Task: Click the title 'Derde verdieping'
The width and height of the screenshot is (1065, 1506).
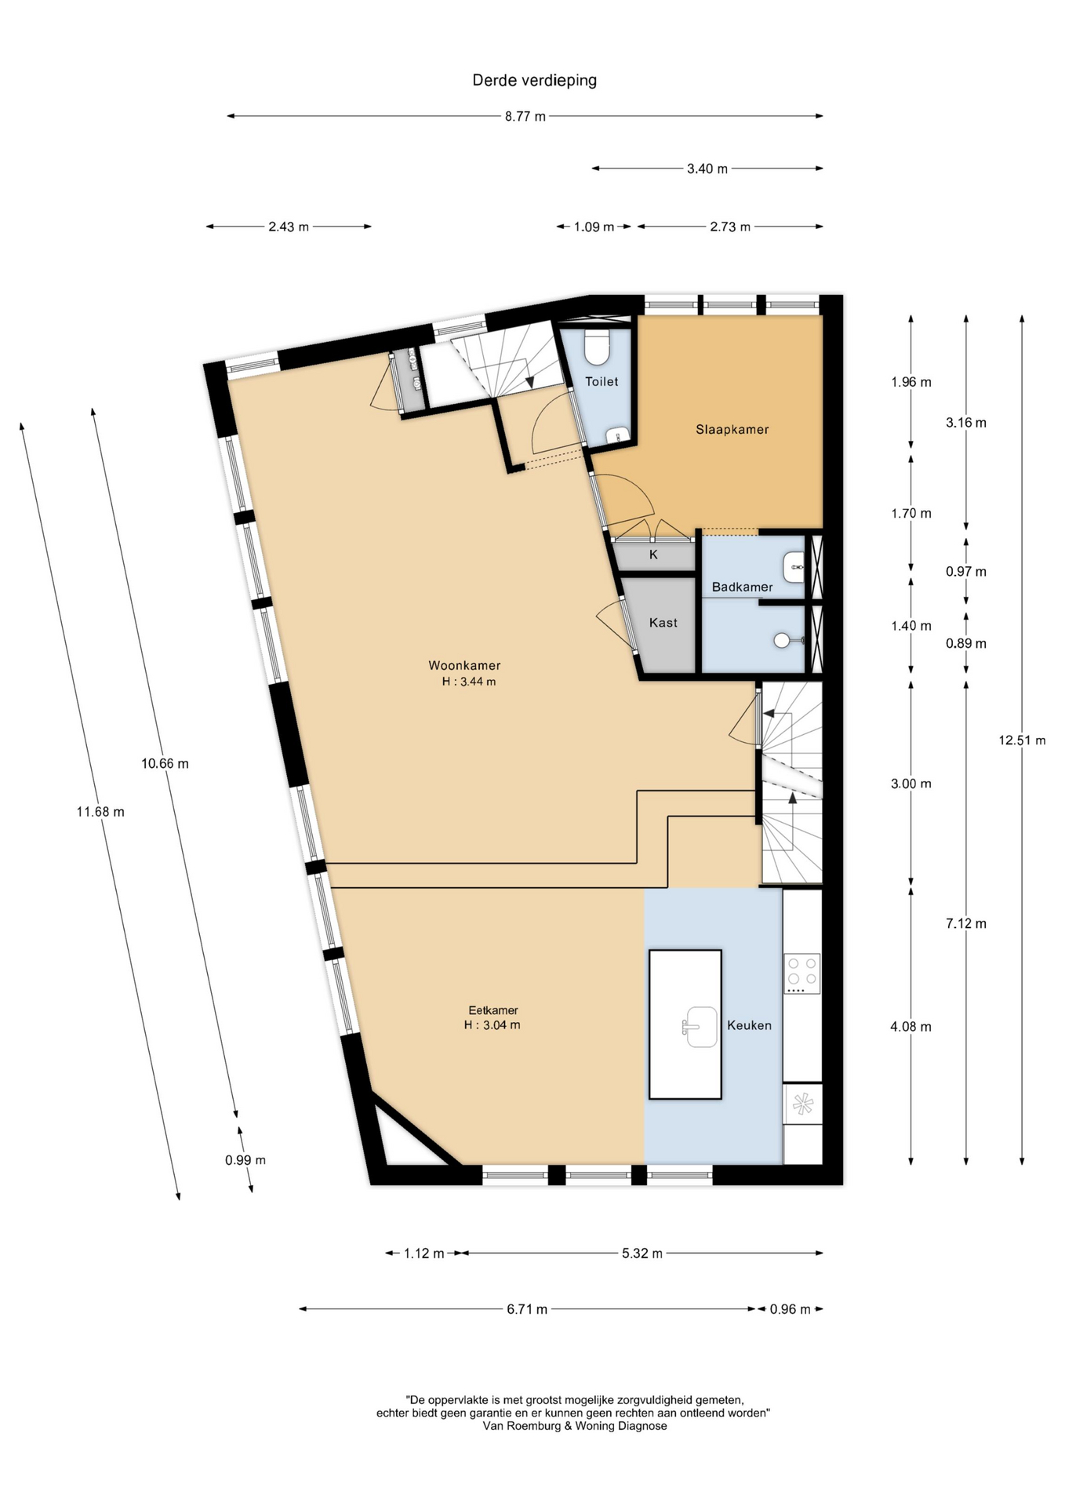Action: pyautogui.click(x=534, y=80)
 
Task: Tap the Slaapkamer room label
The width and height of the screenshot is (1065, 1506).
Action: pyautogui.click(x=732, y=429)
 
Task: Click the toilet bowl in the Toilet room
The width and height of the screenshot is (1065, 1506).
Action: pyautogui.click(x=598, y=347)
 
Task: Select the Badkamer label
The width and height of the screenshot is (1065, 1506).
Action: pyautogui.click(x=742, y=587)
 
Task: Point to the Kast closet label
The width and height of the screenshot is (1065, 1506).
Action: pyautogui.click(x=663, y=623)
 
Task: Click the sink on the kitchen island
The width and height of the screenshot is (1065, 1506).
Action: pyautogui.click(x=700, y=1027)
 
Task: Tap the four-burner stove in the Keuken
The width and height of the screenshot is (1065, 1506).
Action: pyautogui.click(x=801, y=973)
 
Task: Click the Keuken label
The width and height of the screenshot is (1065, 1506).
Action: pyautogui.click(x=749, y=1025)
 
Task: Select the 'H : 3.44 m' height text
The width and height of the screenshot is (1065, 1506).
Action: pyautogui.click(x=469, y=682)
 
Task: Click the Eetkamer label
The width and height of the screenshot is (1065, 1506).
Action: pyautogui.click(x=493, y=1010)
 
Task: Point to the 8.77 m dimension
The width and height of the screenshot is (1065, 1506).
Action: pyautogui.click(x=525, y=116)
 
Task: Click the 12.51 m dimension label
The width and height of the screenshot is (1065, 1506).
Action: pyautogui.click(x=1021, y=740)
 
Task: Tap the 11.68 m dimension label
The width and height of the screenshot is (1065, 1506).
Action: pyautogui.click(x=100, y=812)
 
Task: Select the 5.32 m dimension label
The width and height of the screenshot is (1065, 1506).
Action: pyautogui.click(x=642, y=1253)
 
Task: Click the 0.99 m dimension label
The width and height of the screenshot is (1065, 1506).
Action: pyautogui.click(x=245, y=1160)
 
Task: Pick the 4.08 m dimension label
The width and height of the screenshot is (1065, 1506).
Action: pyautogui.click(x=911, y=1027)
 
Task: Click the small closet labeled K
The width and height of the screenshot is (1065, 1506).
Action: pyautogui.click(x=653, y=555)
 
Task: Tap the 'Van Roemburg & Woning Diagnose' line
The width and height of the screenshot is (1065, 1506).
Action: pyautogui.click(x=575, y=1426)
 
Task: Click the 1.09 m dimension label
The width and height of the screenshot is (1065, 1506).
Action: pyautogui.click(x=594, y=227)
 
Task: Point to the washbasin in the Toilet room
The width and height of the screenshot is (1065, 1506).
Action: pyautogui.click(x=619, y=435)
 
